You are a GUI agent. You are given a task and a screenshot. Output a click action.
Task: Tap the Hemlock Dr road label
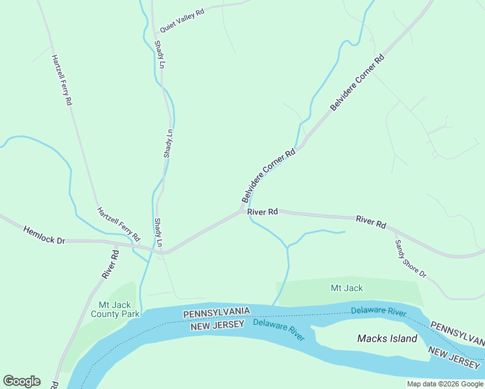coord(45,235)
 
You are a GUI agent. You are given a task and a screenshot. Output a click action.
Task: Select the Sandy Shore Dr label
coord(410,259)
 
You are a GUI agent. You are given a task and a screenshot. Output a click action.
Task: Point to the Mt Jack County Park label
coord(119,309)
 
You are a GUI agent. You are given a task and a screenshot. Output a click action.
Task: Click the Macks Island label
coord(387,338)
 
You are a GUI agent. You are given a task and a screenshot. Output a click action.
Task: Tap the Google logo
coord(21,381)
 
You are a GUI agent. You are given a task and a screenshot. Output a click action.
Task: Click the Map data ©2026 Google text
coord(445,384)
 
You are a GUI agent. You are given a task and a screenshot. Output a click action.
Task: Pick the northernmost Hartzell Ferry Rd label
coord(62,80)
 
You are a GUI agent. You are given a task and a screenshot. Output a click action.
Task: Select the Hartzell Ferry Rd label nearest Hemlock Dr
coord(119,224)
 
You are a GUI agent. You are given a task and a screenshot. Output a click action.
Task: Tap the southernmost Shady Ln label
coord(158,231)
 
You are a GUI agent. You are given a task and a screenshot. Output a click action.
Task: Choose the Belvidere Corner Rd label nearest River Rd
coord(268,176)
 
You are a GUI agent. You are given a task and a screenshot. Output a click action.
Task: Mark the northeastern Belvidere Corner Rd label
coord(357,82)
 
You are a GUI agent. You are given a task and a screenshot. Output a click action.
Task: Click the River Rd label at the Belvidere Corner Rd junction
coord(263,212)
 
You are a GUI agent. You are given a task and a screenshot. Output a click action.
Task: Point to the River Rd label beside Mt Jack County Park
coord(110,265)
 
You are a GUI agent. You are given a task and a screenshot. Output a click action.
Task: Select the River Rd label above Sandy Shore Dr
coord(371,222)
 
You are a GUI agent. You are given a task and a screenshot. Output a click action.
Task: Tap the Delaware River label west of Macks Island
coord(279,329)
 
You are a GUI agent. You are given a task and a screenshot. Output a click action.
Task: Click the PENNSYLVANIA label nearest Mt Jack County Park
coord(217,313)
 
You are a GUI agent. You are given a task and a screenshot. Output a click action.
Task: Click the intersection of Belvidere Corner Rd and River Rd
coord(243,210)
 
